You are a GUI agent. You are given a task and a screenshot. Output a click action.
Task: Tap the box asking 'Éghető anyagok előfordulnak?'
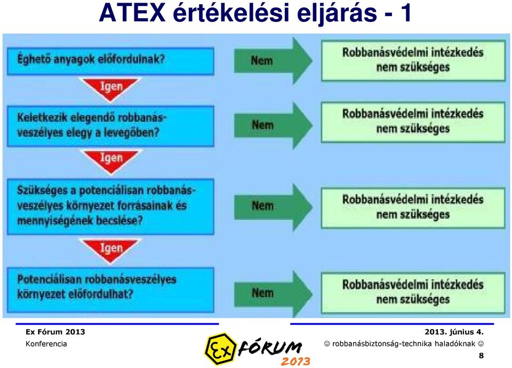(x=111, y=61)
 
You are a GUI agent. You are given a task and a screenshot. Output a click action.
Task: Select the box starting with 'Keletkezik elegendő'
(x=111, y=126)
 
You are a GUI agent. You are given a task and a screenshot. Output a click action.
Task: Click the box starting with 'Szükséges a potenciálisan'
(x=111, y=207)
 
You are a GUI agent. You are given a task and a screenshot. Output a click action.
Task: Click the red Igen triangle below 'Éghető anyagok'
(x=111, y=88)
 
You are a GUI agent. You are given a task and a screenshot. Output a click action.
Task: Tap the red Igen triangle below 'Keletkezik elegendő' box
(x=111, y=160)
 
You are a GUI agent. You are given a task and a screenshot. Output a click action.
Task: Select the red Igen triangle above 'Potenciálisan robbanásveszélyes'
(x=111, y=250)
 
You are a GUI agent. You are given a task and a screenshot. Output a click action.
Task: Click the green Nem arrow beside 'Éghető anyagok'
(x=273, y=60)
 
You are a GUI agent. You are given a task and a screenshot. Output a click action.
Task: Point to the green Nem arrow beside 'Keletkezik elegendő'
(x=273, y=126)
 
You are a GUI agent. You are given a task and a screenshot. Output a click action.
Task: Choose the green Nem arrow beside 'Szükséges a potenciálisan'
(x=273, y=206)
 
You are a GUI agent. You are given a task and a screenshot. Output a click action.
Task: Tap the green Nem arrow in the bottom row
(x=273, y=293)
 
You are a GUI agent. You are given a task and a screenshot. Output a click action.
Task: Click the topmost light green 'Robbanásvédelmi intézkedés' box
(x=413, y=60)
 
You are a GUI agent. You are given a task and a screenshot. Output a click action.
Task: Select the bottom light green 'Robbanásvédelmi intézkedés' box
(x=413, y=293)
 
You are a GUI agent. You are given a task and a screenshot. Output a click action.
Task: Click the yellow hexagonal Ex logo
(x=220, y=349)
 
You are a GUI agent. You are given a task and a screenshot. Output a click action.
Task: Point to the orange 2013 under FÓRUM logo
(x=295, y=361)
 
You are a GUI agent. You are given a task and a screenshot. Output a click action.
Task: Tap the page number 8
(x=481, y=356)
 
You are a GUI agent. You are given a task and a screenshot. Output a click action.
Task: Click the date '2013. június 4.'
(x=454, y=332)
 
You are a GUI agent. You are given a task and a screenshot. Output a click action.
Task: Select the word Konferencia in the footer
(x=46, y=344)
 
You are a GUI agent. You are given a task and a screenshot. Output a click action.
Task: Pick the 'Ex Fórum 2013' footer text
(x=55, y=332)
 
